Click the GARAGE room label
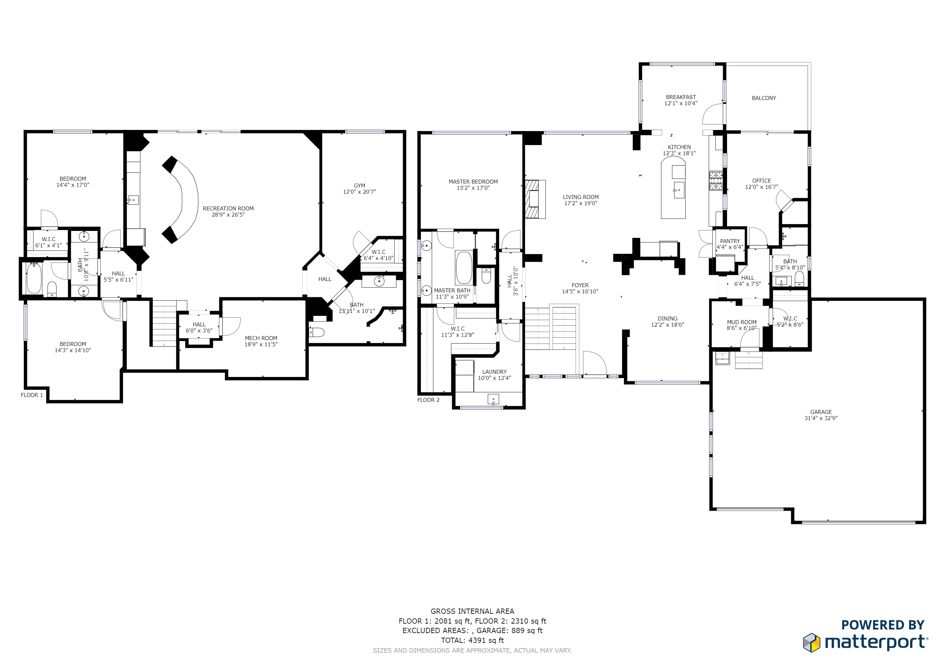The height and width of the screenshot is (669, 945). pyautogui.click(x=821, y=412)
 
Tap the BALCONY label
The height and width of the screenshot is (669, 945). pyautogui.click(x=764, y=98)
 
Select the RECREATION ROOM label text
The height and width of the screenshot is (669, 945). pyautogui.click(x=228, y=208)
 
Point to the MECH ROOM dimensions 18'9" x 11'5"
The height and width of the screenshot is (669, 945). pyautogui.click(x=261, y=344)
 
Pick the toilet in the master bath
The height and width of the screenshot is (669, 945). pyautogui.click(x=486, y=276)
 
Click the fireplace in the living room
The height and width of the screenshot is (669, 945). pyautogui.click(x=534, y=199)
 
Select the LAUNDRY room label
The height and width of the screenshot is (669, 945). pyautogui.click(x=494, y=371)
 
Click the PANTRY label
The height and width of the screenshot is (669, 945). pyautogui.click(x=730, y=241)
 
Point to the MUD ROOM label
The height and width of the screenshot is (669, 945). pyautogui.click(x=741, y=322)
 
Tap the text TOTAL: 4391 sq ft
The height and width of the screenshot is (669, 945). pyautogui.click(x=472, y=641)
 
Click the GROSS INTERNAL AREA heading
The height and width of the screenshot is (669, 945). pyautogui.click(x=472, y=611)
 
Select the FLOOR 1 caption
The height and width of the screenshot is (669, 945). pyautogui.click(x=32, y=395)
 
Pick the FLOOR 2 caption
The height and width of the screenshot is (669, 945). pyautogui.click(x=428, y=400)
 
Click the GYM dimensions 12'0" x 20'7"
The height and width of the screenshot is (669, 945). pyautogui.click(x=359, y=192)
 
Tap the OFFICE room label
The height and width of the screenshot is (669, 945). pyautogui.click(x=761, y=181)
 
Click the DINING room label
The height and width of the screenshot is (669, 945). pyautogui.click(x=667, y=318)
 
